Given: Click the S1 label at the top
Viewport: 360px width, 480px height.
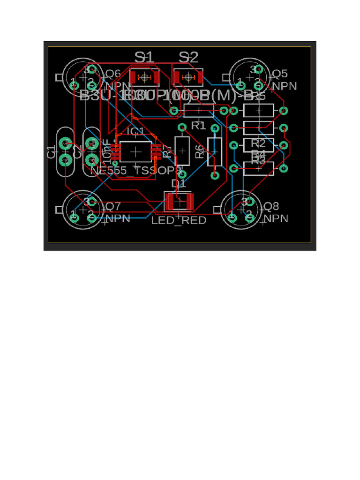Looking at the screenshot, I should tap(144, 57).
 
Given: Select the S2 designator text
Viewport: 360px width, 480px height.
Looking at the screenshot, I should tap(188, 57).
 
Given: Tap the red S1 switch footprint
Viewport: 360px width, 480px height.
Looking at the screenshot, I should tap(145, 77).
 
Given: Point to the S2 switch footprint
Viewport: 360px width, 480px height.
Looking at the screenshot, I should tap(188, 77).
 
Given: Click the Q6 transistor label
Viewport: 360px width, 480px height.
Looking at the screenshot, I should tap(112, 74).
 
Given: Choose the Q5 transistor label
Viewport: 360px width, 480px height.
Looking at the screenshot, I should tap(280, 74).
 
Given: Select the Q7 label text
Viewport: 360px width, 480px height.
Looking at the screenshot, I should tap(113, 206).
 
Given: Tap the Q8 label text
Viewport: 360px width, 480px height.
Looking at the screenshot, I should tap(271, 206).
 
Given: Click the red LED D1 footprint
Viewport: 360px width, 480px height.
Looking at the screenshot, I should tap(179, 202).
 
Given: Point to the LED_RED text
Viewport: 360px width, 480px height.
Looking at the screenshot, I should tap(179, 220).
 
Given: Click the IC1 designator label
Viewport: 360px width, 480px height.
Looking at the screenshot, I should tap(135, 131).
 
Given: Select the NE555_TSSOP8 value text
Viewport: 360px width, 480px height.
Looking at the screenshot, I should tap(136, 171).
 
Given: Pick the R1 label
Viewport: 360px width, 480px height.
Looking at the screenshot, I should tap(199, 126).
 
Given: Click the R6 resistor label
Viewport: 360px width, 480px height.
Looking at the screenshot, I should tap(200, 151).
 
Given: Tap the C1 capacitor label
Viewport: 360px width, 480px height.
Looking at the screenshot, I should tap(51, 152).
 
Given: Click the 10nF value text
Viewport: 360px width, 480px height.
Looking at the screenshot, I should tap(106, 149).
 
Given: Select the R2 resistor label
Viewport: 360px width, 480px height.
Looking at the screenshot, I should tap(258, 143).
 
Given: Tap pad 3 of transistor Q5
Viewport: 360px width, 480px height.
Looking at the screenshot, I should tap(258, 70).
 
